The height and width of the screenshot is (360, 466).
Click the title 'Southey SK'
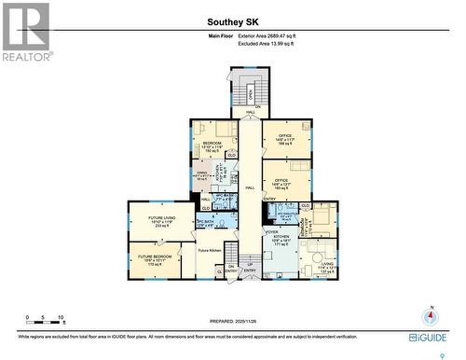pos(232,20)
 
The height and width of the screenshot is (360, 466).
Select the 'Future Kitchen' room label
pos(209,250)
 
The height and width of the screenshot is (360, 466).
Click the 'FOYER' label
pos(271,231)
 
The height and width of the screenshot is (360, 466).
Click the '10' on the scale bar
pos(61,318)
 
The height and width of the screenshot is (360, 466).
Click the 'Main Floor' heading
pos(220,35)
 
